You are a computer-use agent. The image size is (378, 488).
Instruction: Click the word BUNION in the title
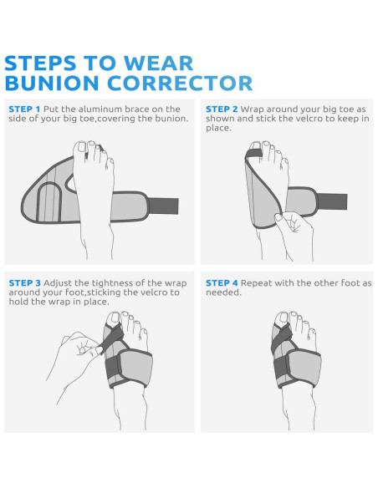coord(53,84)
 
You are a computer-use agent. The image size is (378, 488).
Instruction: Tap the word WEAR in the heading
coord(159,64)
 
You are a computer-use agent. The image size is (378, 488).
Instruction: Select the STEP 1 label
coord(24,109)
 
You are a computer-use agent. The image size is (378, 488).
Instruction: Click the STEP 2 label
coord(222,109)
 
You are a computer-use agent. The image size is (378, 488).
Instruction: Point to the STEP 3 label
coord(24,283)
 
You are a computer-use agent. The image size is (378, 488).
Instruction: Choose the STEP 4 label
coord(222,283)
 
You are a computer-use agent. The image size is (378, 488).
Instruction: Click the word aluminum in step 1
coord(100,109)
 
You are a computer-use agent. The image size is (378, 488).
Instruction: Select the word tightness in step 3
coord(112,283)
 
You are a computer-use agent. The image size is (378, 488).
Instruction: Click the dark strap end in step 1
coord(163,206)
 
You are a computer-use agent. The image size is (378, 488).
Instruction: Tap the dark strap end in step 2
coord(332,201)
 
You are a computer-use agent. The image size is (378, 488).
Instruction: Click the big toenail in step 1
coord(82,147)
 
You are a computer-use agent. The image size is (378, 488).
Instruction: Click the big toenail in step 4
coord(283,317)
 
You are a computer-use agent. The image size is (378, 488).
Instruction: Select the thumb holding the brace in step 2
coord(278,216)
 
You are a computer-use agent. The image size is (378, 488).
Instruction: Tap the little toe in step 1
coord(110,163)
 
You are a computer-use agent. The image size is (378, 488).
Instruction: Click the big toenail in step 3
coord(114,318)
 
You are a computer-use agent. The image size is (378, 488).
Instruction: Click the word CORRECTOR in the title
coord(180,84)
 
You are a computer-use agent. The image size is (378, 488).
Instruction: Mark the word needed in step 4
coord(223,292)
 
